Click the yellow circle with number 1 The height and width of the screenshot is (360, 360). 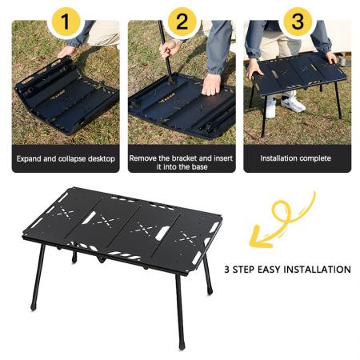coord(66,19)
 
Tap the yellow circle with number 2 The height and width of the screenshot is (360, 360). coord(182,20)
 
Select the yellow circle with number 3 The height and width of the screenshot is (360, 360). coord(298,20)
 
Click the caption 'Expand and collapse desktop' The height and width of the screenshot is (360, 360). coord(66,158)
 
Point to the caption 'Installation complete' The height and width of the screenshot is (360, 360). coord(296,158)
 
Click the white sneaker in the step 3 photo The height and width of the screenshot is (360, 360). coord(294,105)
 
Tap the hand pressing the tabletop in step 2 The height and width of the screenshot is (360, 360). coord(211,84)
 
